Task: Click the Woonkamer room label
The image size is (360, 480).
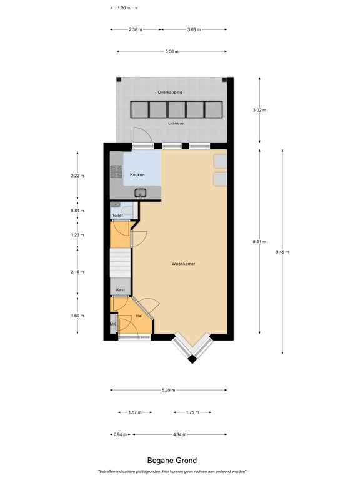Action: tap(184, 264)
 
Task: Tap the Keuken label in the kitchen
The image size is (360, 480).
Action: tap(137, 175)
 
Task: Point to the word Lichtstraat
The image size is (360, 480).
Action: tap(177, 123)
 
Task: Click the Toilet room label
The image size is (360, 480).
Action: tap(117, 216)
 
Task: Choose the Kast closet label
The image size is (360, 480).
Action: tap(121, 290)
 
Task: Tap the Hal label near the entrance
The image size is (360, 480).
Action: tap(139, 317)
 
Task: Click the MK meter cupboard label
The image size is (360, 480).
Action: tap(113, 325)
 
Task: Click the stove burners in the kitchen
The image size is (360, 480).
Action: tap(115, 171)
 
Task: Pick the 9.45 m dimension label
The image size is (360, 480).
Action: tap(282, 252)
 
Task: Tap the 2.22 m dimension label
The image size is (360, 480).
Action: tap(77, 176)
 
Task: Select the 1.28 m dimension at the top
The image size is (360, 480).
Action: tap(124, 7)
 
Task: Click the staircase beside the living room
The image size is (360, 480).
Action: tap(121, 262)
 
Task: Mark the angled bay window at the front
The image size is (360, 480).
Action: tap(192, 350)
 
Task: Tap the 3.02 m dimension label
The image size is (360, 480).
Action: tap(259, 110)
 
